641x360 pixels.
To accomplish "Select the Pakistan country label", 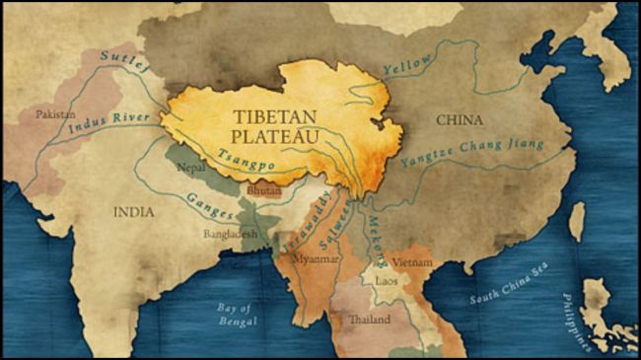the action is click(55, 114).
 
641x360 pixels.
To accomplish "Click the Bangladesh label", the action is click(231, 236).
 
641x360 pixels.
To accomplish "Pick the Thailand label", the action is click(370, 320).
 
